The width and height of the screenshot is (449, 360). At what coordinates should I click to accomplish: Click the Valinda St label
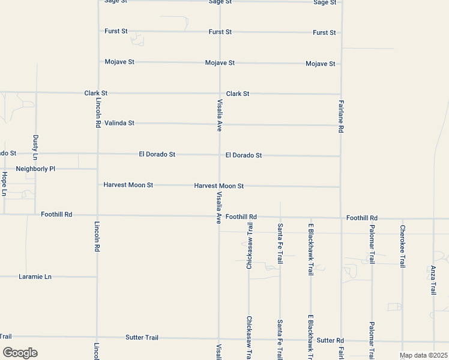click(x=119, y=123)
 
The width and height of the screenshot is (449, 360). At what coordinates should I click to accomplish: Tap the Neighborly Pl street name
click(x=35, y=169)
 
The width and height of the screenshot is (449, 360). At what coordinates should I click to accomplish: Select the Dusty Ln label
click(x=35, y=147)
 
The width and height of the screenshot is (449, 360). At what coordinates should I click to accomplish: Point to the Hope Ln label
click(x=4, y=184)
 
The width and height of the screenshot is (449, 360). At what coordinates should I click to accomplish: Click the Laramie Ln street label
click(x=34, y=277)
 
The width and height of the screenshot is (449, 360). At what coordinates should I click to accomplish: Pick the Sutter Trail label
click(x=142, y=338)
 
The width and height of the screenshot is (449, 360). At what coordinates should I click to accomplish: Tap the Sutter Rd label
click(x=330, y=340)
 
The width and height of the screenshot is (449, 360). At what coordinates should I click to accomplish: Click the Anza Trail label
click(x=433, y=280)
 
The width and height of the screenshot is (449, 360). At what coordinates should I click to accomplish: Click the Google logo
click(x=20, y=353)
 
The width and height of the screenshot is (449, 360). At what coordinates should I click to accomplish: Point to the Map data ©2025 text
click(x=424, y=355)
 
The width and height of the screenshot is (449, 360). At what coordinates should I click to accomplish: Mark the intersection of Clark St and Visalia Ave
click(x=219, y=94)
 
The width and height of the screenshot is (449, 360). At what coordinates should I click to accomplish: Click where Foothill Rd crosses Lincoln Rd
click(x=97, y=215)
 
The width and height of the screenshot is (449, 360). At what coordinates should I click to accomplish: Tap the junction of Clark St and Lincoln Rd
click(x=97, y=93)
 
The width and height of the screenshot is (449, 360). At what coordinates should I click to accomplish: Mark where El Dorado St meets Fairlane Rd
click(x=340, y=156)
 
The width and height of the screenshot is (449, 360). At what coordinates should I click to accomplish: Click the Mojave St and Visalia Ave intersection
click(x=219, y=62)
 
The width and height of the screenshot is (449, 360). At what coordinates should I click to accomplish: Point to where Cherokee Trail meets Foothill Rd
click(x=402, y=218)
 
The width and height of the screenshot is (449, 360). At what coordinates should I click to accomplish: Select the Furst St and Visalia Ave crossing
click(x=219, y=32)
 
